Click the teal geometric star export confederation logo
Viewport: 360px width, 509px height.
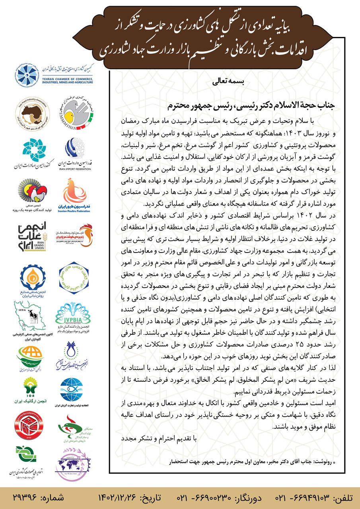30,149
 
